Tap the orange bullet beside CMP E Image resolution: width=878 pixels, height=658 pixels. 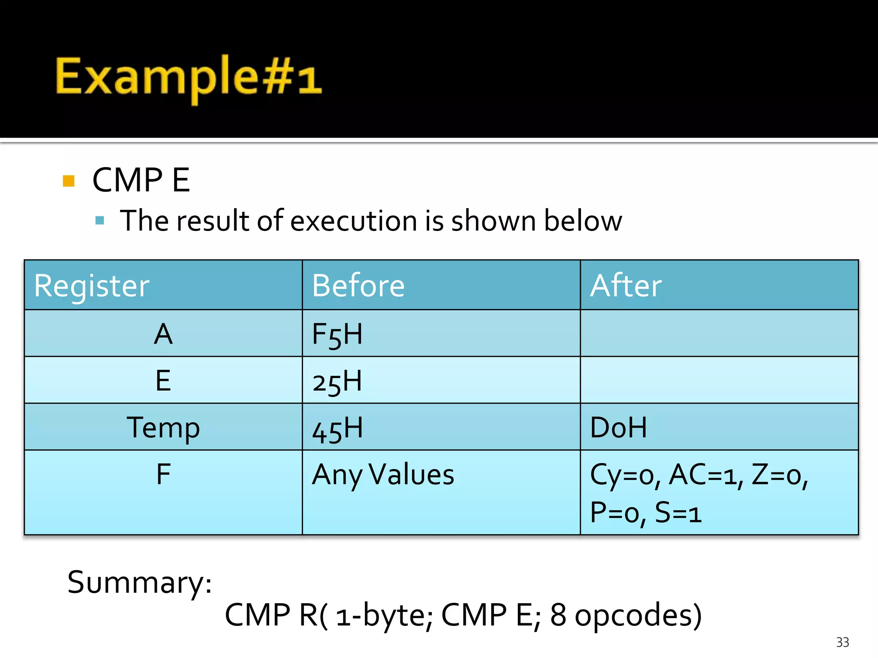tap(69, 181)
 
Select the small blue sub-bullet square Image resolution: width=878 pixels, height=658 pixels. tap(100, 221)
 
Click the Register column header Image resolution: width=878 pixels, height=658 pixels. tap(92, 286)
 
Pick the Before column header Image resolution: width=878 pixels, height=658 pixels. tap(358, 286)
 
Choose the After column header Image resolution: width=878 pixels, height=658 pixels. tap(625, 286)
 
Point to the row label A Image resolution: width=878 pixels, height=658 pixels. tap(163, 334)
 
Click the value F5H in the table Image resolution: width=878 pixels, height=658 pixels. tap(337, 335)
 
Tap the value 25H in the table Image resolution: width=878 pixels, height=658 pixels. tap(337, 381)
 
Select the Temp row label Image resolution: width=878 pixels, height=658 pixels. tap(163, 428)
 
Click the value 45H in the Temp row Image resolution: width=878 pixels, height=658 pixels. tap(337, 428)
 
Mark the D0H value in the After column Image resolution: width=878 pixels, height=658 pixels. tap(618, 428)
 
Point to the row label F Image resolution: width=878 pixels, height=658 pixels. tap(163, 474)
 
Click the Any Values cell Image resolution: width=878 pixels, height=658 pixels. tap(383, 475)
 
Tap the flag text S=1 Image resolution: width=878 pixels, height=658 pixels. tap(678, 512)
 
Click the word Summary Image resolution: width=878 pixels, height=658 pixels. tap(139, 583)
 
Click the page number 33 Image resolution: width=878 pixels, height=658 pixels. tap(842, 642)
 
